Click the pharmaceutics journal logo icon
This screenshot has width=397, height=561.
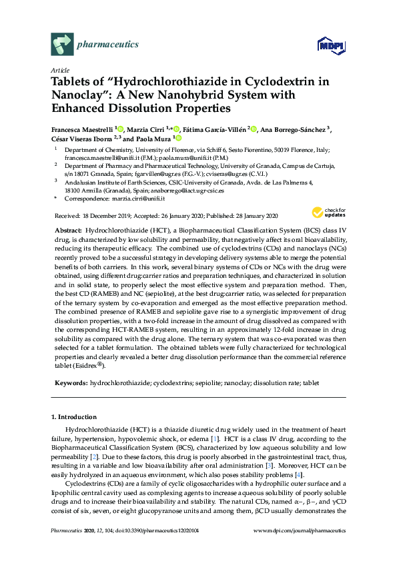[61, 45]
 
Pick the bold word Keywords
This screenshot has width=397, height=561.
[69, 384]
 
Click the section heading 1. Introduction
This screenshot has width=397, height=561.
[74, 417]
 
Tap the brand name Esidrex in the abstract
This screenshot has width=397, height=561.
[85, 366]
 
